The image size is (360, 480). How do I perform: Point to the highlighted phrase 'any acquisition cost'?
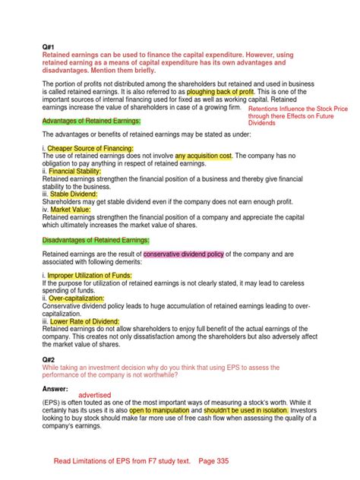(204, 155)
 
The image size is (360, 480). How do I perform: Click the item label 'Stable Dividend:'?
(74, 194)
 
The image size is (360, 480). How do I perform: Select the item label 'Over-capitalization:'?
(77, 298)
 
